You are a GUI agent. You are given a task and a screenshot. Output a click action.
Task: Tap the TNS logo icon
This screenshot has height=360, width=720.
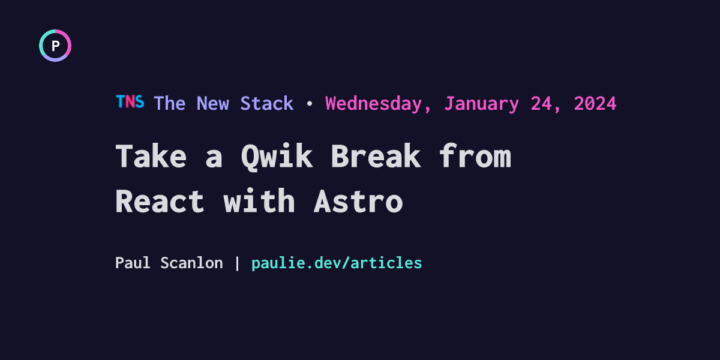pos(130,101)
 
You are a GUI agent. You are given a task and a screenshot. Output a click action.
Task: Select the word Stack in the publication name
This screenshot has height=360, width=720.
pos(267,103)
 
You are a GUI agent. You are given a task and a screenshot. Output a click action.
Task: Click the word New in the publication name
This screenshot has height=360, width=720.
pos(213,103)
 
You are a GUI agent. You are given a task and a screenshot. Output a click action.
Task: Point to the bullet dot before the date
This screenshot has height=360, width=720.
pos(310,103)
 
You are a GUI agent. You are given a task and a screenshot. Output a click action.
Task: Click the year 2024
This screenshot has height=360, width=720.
pos(595,103)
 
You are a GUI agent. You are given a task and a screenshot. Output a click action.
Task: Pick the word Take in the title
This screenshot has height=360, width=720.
pos(151,156)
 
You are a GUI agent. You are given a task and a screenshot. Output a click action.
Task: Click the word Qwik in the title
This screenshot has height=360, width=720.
pos(277,157)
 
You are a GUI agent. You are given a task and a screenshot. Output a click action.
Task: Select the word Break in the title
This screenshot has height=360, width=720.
pos(376,156)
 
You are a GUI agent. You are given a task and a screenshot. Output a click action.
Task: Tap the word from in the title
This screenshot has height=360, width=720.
pos(475,155)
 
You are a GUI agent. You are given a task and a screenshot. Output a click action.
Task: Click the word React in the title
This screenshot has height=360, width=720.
pos(160,201)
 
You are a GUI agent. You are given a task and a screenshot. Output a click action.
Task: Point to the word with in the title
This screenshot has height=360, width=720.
pos(259,200)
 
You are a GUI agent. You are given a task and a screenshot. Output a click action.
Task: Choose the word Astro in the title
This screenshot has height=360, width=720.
pos(358,201)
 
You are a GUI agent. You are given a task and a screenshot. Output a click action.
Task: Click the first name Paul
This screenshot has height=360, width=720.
pos(133,263)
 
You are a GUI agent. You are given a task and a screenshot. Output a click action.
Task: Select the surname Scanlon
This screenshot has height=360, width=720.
pos(191,263)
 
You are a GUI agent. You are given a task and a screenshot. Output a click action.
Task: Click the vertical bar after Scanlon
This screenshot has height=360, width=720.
pos(237,263)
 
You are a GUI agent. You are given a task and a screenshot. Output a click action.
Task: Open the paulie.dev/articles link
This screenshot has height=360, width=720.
pos(337,263)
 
